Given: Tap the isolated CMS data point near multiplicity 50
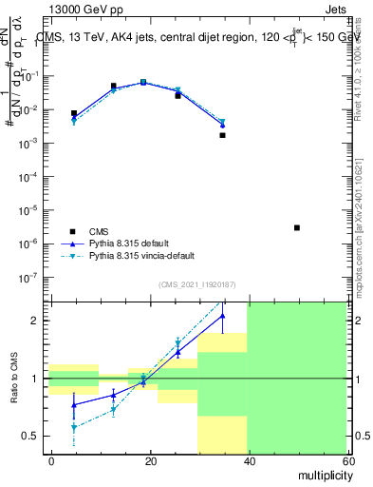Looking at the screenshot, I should tap(297, 227).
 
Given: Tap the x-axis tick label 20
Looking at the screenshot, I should tap(150, 460).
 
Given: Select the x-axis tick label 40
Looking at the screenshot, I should tap(248, 460).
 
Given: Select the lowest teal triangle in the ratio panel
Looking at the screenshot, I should tap(74, 428).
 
